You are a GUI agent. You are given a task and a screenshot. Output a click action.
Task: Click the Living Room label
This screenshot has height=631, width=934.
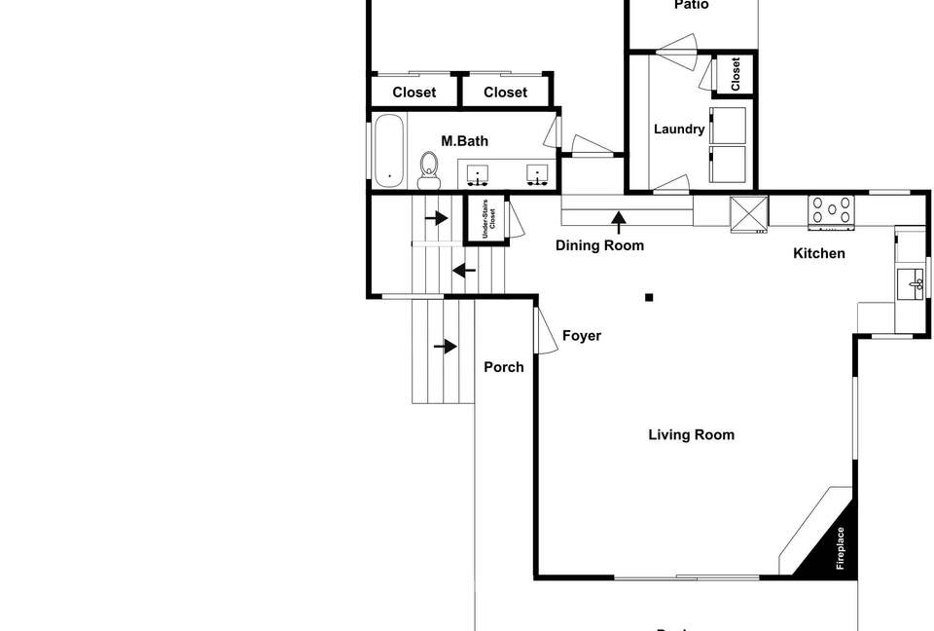691,435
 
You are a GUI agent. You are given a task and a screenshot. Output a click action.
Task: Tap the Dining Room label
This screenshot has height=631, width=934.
599,245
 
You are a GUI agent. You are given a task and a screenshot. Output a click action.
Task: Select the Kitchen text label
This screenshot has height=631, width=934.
819,253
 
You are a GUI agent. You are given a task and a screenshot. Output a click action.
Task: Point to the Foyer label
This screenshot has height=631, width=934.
582,336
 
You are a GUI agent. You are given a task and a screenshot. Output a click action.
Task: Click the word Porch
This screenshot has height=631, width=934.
504,367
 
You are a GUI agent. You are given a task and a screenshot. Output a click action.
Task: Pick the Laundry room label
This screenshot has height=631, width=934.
679,129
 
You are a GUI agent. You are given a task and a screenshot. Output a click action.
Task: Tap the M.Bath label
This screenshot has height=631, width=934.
464,141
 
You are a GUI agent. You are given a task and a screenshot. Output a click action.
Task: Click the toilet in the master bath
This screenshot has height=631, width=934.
428,172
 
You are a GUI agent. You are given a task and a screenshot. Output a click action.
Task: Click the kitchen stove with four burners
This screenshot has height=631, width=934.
832,211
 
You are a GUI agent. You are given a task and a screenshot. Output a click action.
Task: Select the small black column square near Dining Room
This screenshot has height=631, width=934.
649,297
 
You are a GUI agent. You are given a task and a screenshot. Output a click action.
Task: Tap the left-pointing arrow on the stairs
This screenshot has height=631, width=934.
463,269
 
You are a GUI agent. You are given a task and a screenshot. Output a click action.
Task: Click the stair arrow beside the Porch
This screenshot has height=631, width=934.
447,346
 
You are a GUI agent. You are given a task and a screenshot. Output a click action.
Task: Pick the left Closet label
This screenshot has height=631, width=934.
413,93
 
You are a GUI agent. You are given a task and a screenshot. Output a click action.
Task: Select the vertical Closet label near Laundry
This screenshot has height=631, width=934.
736,74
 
